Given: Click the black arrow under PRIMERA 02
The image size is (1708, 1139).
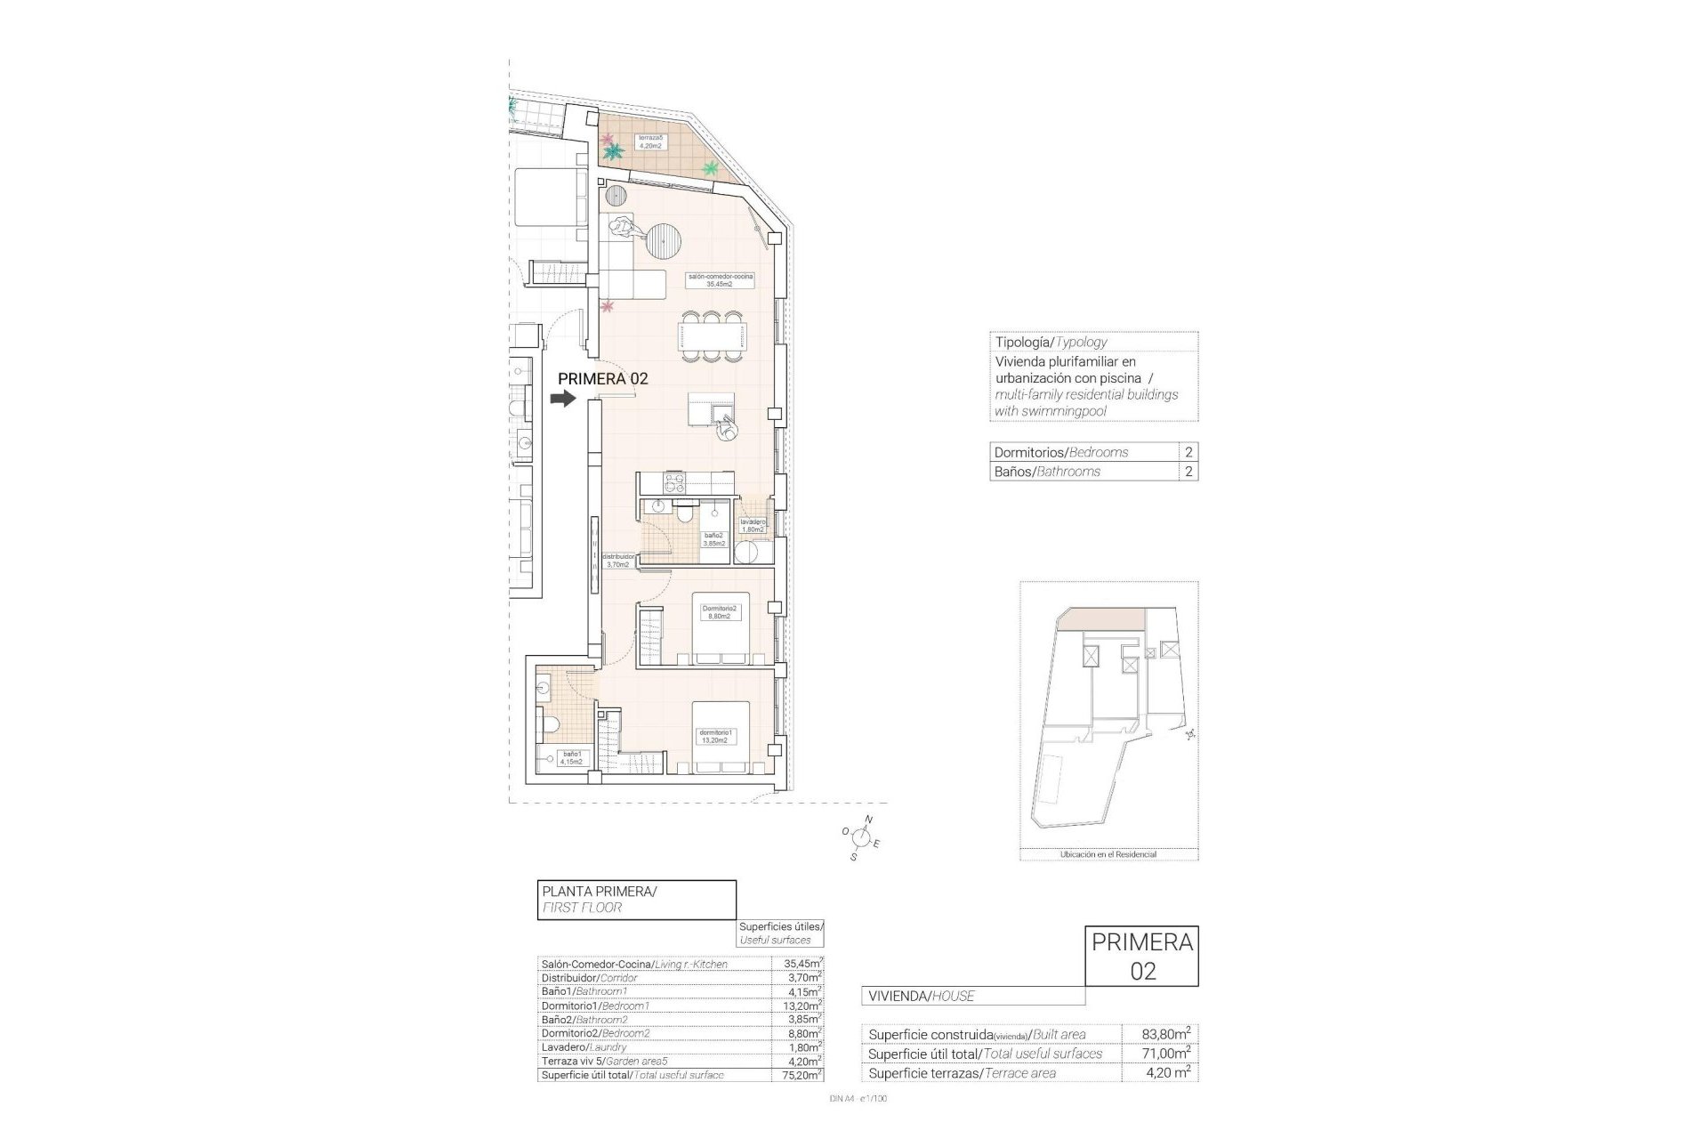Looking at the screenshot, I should [563, 400].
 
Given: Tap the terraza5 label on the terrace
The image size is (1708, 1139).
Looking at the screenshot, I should [649, 141].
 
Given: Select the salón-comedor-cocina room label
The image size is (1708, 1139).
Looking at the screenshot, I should [720, 279].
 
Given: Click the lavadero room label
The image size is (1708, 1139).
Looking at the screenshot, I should [753, 525].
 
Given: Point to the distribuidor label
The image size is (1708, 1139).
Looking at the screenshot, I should [618, 560].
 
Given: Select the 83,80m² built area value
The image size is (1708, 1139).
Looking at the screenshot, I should [1166, 1034].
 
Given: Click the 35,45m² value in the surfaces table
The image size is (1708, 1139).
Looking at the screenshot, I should [797, 964].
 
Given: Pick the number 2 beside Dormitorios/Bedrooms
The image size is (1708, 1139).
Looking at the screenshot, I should [1188, 452].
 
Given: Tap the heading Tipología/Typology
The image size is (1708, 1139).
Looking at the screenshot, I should [1051, 342].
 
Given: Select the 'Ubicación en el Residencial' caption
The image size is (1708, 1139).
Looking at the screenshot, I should [1108, 854].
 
